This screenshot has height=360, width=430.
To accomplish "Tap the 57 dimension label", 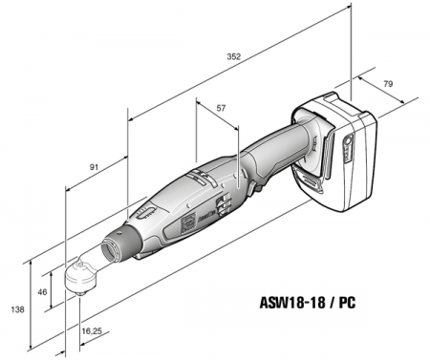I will (x=221, y=109).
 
